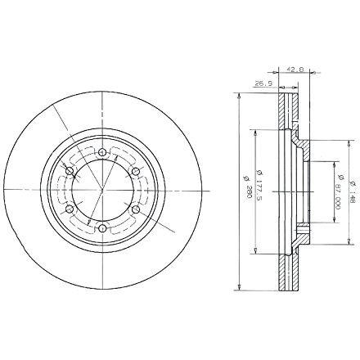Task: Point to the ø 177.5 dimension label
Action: click(259, 186)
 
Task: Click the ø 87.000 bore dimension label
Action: click(340, 191)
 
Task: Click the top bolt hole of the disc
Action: click(102, 152)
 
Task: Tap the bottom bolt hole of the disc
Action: click(102, 228)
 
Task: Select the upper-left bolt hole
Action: click(70, 171)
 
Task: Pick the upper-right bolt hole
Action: click(136, 171)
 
